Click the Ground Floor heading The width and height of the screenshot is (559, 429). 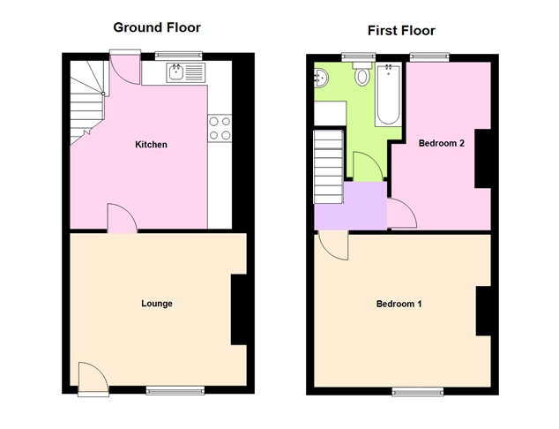[x=157, y=27]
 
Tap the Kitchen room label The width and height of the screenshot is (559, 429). [x=151, y=145]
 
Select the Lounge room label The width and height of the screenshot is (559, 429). [x=157, y=304]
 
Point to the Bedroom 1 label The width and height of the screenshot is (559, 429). [x=399, y=305]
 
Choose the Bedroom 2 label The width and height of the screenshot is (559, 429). [x=442, y=144]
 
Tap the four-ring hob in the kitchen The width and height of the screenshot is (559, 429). [x=220, y=128]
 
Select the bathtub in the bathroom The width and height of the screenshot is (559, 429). [x=387, y=94]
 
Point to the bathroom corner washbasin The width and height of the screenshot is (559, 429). [x=320, y=78]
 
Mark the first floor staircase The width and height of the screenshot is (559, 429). [x=328, y=166]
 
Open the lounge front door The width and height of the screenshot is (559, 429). [x=91, y=378]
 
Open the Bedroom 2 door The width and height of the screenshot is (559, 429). [x=401, y=215]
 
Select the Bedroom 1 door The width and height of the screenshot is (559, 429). [x=333, y=245]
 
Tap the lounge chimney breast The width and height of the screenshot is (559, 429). [x=240, y=310]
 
